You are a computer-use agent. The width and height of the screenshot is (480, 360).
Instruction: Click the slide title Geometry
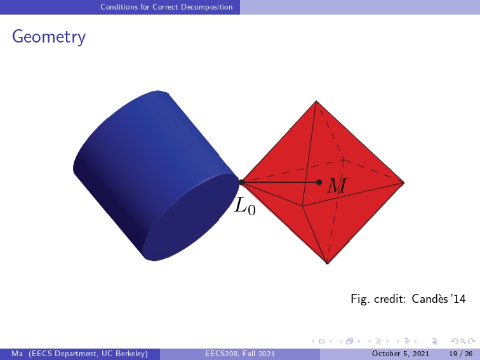pos(49,37)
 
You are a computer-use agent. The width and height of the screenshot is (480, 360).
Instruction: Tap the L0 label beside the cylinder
pos(244,206)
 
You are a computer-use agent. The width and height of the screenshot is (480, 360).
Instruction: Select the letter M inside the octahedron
pos(337,185)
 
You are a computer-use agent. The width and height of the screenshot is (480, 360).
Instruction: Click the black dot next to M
pos(319,182)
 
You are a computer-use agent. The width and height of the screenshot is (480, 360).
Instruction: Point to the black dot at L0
pos(241,182)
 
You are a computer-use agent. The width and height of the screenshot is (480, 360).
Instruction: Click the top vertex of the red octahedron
pos(316,101)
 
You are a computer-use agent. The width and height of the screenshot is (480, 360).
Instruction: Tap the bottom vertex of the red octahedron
pos(327,263)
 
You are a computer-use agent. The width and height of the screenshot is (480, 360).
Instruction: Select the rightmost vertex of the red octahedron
pos(404,182)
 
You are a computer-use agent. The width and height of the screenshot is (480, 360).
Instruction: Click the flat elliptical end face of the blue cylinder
pos(190,217)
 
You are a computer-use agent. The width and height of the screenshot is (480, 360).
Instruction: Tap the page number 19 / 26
pos(461,354)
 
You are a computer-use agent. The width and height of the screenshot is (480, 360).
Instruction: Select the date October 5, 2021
pos(401,354)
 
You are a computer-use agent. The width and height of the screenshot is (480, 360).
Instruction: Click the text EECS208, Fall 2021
pos(240,354)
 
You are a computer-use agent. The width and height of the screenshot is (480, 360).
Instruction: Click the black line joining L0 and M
pos(280,182)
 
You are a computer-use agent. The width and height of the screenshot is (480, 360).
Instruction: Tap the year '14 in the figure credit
pos(458,299)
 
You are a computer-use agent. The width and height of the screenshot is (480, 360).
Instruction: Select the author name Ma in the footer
pos(17,354)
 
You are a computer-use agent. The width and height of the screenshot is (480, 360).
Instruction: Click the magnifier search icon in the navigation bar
pos(463,342)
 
